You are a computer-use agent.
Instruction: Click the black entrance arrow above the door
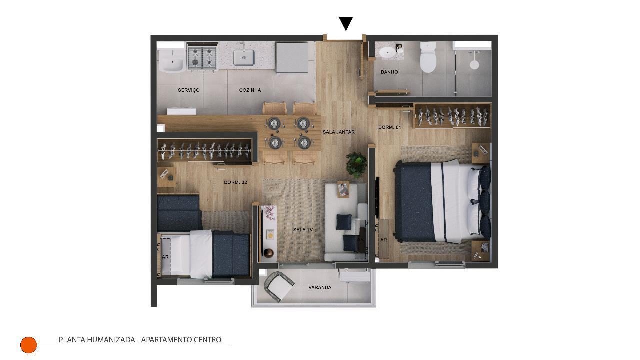[x=345, y=23]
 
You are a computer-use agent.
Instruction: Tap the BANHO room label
[x=389, y=72]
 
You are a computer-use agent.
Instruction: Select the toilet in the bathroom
[x=427, y=57]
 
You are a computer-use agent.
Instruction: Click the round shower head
[x=474, y=65]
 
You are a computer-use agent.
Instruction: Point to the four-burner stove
[x=202, y=57]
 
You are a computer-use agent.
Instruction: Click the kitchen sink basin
[x=244, y=58]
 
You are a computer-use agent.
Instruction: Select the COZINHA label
[x=250, y=90]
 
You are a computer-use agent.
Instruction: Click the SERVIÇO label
[x=189, y=90]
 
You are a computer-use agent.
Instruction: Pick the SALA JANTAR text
[x=339, y=132]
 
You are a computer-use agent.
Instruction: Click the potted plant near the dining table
[x=356, y=165]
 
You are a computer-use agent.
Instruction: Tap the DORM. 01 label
[x=389, y=127]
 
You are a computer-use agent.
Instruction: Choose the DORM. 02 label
[x=235, y=182]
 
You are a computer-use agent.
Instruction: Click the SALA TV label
[x=303, y=230]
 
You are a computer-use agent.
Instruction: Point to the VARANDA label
[x=320, y=287]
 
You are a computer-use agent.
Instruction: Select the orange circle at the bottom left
[x=29, y=345]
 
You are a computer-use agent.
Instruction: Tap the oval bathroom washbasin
[x=387, y=52]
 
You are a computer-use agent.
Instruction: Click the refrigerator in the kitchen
[x=292, y=57]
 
